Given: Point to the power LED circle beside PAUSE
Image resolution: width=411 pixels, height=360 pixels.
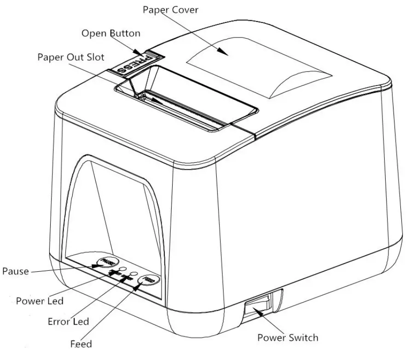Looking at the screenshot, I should click(x=122, y=269).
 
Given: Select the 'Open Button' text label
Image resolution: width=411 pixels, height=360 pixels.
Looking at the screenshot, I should click(x=111, y=33).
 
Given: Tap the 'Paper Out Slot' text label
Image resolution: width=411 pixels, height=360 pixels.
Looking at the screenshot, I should click(x=71, y=57).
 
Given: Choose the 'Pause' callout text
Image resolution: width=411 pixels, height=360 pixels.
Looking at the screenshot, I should click(x=15, y=271).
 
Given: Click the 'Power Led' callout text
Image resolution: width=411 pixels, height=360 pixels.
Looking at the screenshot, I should click(x=40, y=301).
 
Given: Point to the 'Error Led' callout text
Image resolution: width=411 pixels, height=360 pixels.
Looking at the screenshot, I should click(x=68, y=321).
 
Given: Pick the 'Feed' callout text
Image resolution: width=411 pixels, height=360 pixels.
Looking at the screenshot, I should click(x=81, y=343).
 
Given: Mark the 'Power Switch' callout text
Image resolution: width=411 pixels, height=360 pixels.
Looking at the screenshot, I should click(x=287, y=338).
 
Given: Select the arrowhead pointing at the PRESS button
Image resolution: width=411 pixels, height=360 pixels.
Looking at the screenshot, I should click(x=139, y=54).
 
